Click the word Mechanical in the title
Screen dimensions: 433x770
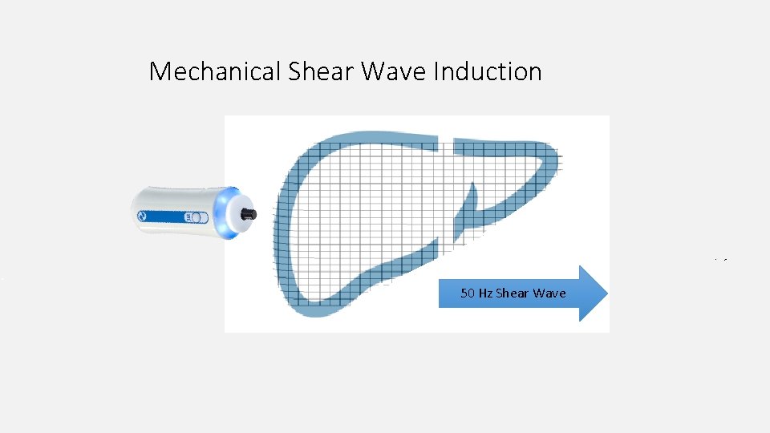(214, 72)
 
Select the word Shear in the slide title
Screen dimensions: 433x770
(320, 72)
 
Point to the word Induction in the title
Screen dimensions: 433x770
(488, 72)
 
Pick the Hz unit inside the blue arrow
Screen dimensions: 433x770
(485, 293)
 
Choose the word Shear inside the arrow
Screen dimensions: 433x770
(513, 293)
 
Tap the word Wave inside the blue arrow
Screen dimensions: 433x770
(549, 293)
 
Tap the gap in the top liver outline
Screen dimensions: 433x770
(446, 144)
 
